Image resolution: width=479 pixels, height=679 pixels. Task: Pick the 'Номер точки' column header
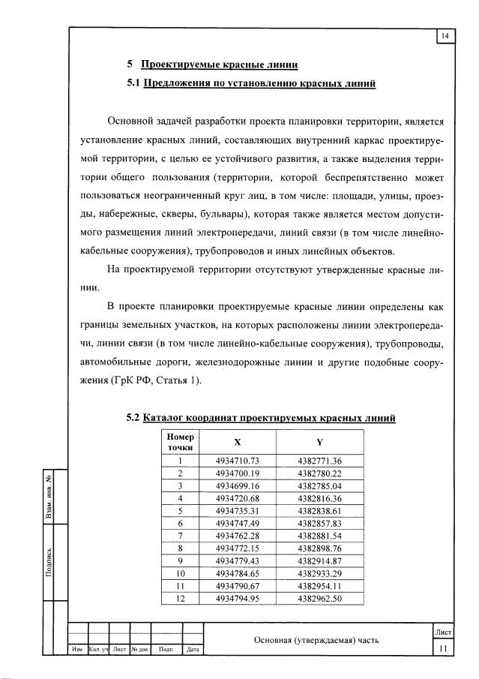click(181, 442)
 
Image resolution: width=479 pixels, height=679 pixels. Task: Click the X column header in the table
click(237, 442)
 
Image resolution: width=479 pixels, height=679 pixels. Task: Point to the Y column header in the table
click(319, 442)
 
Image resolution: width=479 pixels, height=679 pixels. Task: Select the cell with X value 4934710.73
click(237, 460)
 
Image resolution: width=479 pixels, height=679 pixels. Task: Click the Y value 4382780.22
click(319, 473)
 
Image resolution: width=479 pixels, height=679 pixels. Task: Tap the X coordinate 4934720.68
click(237, 498)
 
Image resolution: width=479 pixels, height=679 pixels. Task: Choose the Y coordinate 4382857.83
click(319, 523)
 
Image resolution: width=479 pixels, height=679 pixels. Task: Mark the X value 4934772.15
click(237, 548)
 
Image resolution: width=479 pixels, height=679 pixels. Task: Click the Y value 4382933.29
click(319, 573)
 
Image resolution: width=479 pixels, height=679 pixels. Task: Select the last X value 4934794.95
click(237, 598)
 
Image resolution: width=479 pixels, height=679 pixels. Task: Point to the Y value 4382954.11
click(319, 586)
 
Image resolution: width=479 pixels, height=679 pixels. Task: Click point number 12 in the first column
click(181, 598)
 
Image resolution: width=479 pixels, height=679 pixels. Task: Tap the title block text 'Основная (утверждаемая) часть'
click(316, 640)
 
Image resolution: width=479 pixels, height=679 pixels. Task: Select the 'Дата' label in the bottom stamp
click(193, 650)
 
